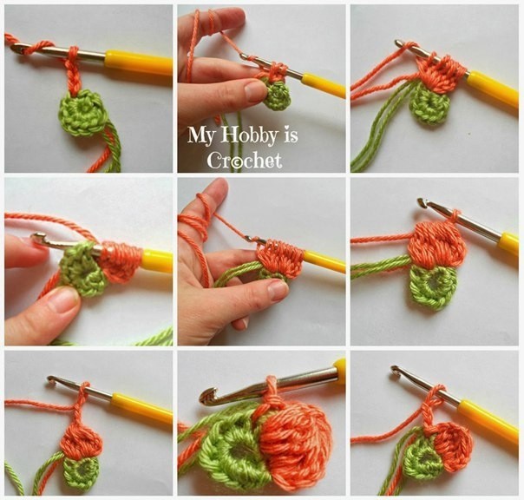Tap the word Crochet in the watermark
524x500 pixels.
[245, 161]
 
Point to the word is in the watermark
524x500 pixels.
[291, 135]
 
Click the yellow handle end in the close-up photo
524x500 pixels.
[341, 366]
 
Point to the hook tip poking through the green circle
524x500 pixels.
[36, 239]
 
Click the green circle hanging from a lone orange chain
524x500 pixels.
[82, 114]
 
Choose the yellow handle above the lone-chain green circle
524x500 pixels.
[139, 62]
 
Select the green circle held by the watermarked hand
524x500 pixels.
[277, 95]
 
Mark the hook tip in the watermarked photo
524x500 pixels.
[244, 57]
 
